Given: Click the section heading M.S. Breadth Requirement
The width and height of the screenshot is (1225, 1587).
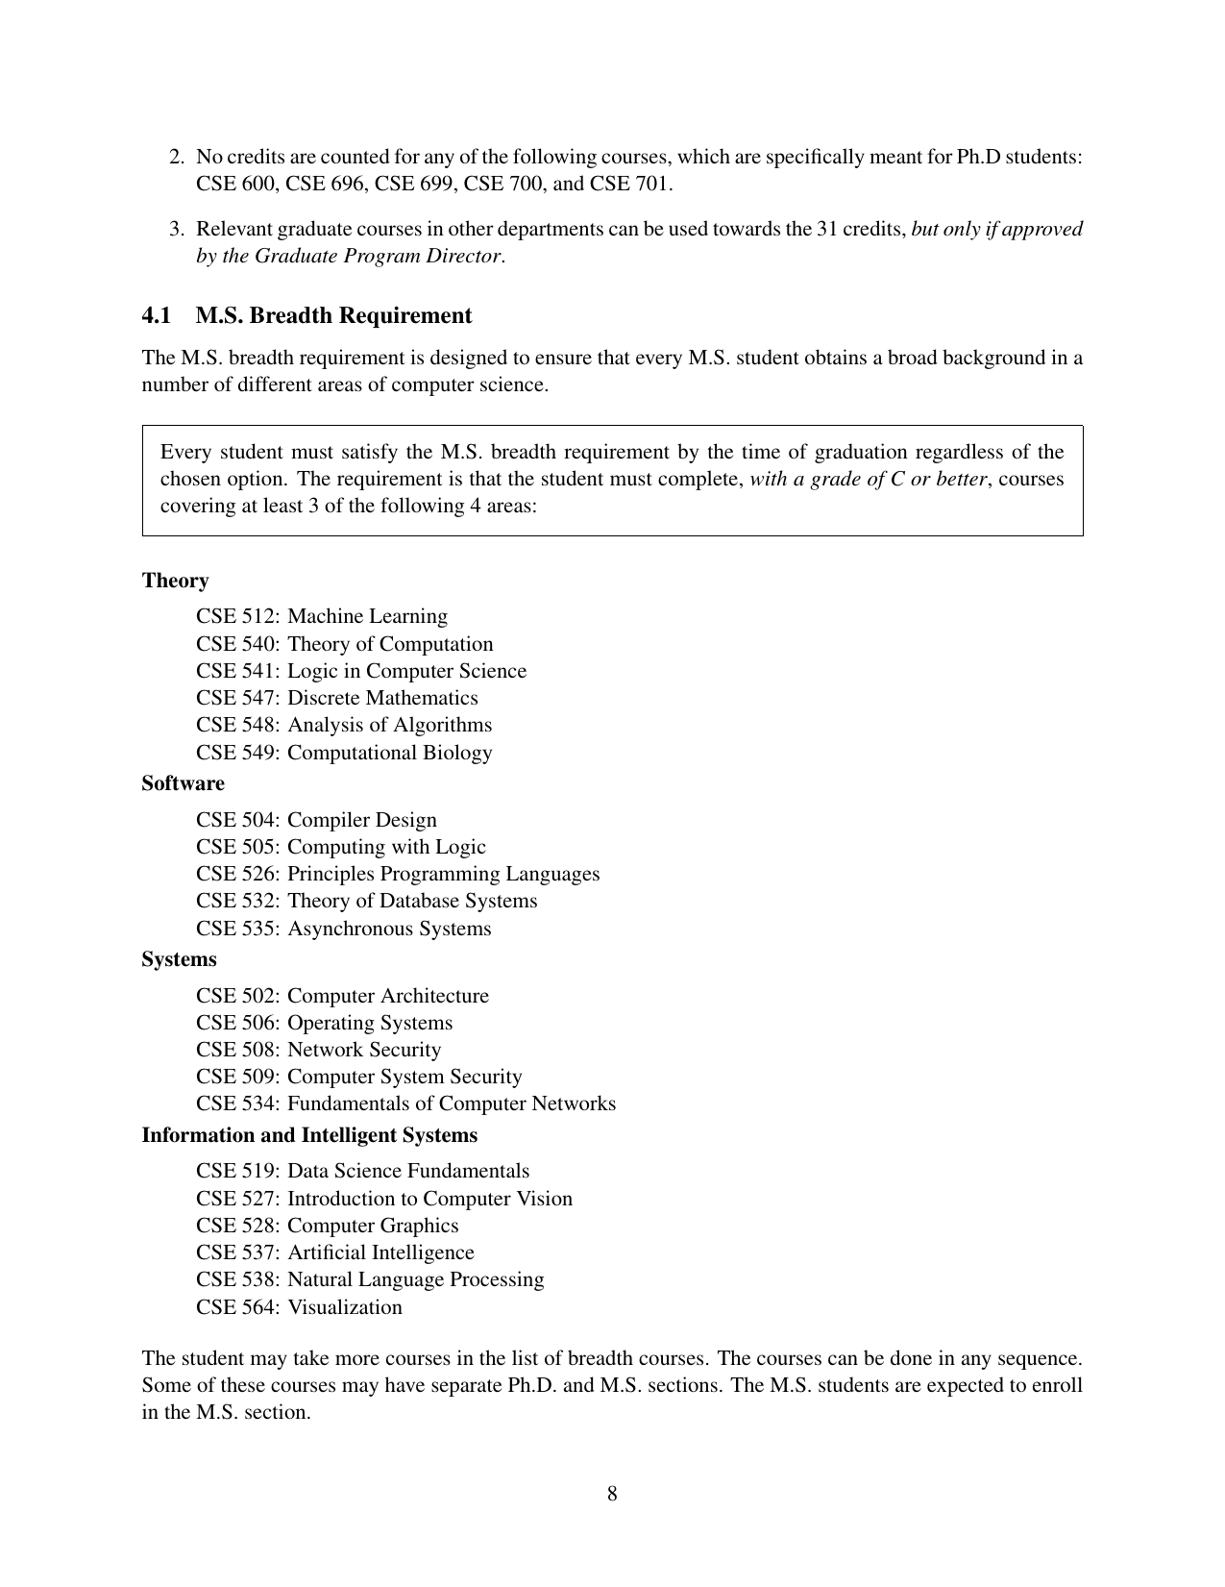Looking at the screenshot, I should (x=333, y=316).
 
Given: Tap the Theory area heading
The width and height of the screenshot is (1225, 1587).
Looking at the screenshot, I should (x=175, y=581).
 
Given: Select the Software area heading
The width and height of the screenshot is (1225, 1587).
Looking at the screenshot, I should (x=183, y=783).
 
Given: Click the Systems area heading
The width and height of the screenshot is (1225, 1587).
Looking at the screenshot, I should (x=179, y=959).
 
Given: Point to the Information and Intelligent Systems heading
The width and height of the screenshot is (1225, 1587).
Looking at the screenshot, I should (x=309, y=1135).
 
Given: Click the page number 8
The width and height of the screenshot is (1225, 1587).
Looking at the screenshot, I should (x=612, y=1494).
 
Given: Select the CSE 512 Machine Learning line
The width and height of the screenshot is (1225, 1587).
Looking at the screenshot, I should (x=322, y=616).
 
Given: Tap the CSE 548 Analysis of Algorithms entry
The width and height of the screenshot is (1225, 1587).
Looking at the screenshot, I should (x=344, y=725).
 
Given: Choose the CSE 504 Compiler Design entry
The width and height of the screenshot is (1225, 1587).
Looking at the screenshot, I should (x=316, y=820).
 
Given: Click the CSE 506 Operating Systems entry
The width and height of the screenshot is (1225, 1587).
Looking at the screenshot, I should (x=324, y=1023).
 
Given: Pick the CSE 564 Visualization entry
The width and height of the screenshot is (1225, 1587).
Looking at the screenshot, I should (x=299, y=1307).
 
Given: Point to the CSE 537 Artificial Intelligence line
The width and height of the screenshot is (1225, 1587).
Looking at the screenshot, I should (x=335, y=1252).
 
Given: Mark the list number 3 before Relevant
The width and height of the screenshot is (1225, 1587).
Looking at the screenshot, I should (x=176, y=230).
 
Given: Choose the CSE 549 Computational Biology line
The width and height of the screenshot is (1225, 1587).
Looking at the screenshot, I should (x=344, y=753).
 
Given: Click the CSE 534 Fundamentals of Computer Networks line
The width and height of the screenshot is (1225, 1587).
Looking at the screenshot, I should (x=405, y=1103).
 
